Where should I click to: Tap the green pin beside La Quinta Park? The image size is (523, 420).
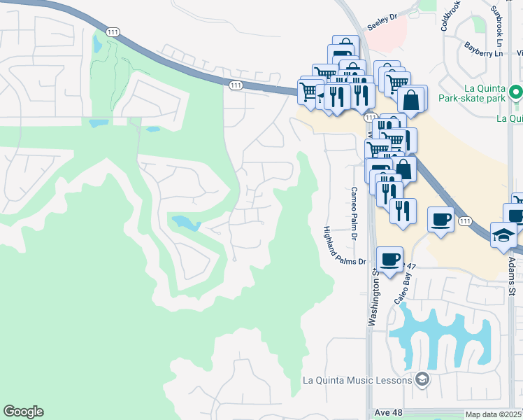pyautogui.click(x=515, y=92)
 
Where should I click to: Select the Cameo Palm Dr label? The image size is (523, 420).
pyautogui.click(x=354, y=213)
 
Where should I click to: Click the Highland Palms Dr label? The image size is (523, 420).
pyautogui.click(x=345, y=245)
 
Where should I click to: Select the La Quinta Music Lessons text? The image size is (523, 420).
pyautogui.click(x=357, y=380)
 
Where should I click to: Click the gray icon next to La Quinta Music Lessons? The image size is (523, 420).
pyautogui.click(x=422, y=380)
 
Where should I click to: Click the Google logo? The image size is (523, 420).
pyautogui.click(x=23, y=412)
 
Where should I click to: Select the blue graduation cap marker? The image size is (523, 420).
pyautogui.click(x=503, y=235)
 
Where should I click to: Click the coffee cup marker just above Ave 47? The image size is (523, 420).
pyautogui.click(x=389, y=259)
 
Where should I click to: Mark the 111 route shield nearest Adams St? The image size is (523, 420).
pyautogui.click(x=465, y=221)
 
